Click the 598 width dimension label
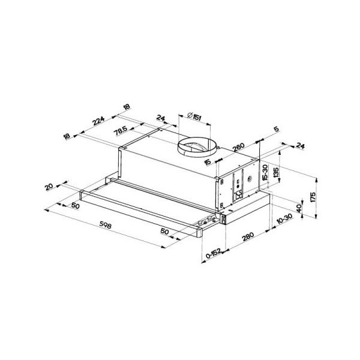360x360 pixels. [x=106, y=226]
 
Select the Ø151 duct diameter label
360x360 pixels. [x=194, y=116]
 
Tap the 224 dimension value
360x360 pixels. [x=98, y=121]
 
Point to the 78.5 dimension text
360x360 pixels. [x=121, y=131]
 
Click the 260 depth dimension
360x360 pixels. [x=239, y=148]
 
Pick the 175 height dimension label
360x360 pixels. [x=313, y=197]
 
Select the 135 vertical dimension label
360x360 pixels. [x=276, y=173]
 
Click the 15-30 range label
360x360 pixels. [x=265, y=173]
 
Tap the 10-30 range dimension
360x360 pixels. [x=284, y=219]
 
